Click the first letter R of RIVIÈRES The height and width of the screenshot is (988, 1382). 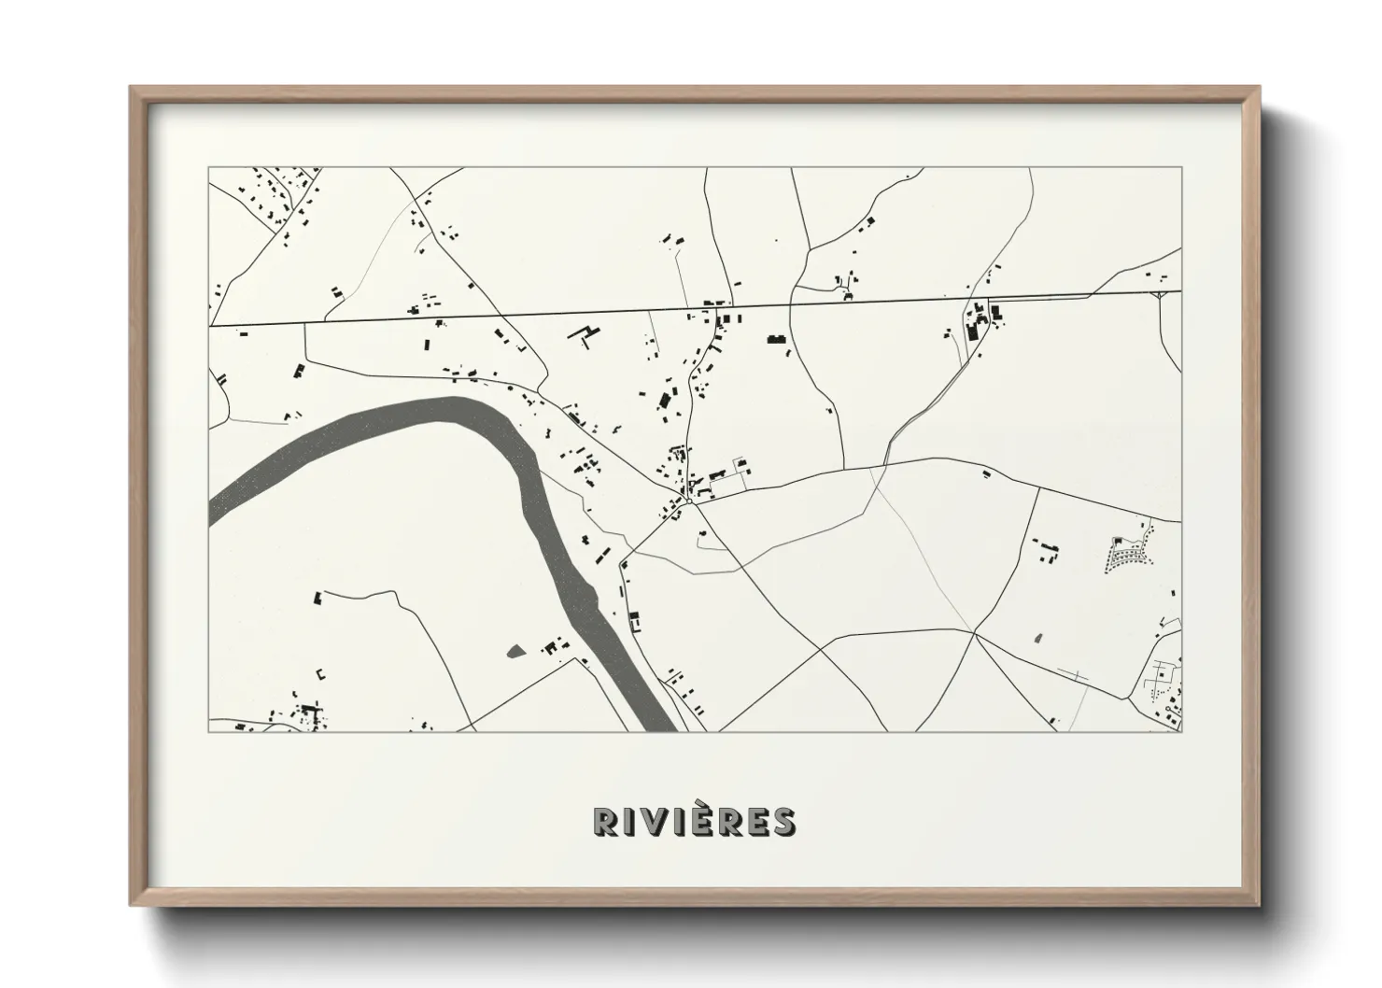pyautogui.click(x=605, y=821)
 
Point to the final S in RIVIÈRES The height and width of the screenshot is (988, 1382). pyautogui.click(x=783, y=821)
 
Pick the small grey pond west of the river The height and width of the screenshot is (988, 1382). pyautogui.click(x=515, y=651)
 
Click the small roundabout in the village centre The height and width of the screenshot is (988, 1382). pyautogui.click(x=688, y=501)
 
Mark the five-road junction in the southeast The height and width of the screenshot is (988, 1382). pyautogui.click(x=974, y=632)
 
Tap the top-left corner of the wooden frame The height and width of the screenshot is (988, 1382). pyautogui.click(x=132, y=89)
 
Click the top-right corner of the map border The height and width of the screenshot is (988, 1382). pyautogui.click(x=1181, y=168)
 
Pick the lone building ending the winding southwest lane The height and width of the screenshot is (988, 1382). pyautogui.click(x=317, y=595)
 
